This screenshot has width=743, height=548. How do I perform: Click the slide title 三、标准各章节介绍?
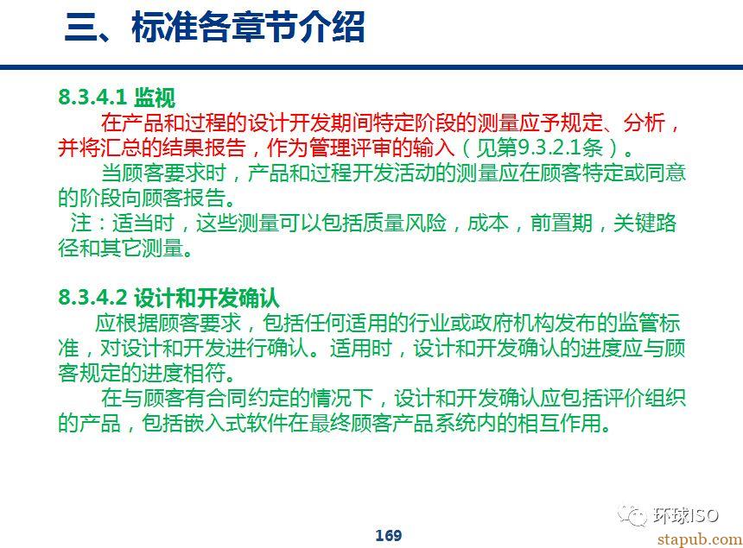point(214,27)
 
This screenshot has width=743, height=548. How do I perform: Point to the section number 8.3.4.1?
point(92,97)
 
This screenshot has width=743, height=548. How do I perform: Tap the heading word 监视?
point(155,98)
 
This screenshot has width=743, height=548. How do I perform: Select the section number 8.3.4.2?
point(93,298)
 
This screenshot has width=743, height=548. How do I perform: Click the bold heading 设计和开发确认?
point(207,298)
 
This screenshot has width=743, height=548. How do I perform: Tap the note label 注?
point(81,223)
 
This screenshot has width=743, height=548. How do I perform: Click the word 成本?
point(487,223)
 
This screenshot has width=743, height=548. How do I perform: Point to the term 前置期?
point(561,223)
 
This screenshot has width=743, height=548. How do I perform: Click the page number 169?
point(389,535)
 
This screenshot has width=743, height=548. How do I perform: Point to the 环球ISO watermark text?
point(685,515)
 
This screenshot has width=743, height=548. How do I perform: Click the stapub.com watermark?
point(700,539)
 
